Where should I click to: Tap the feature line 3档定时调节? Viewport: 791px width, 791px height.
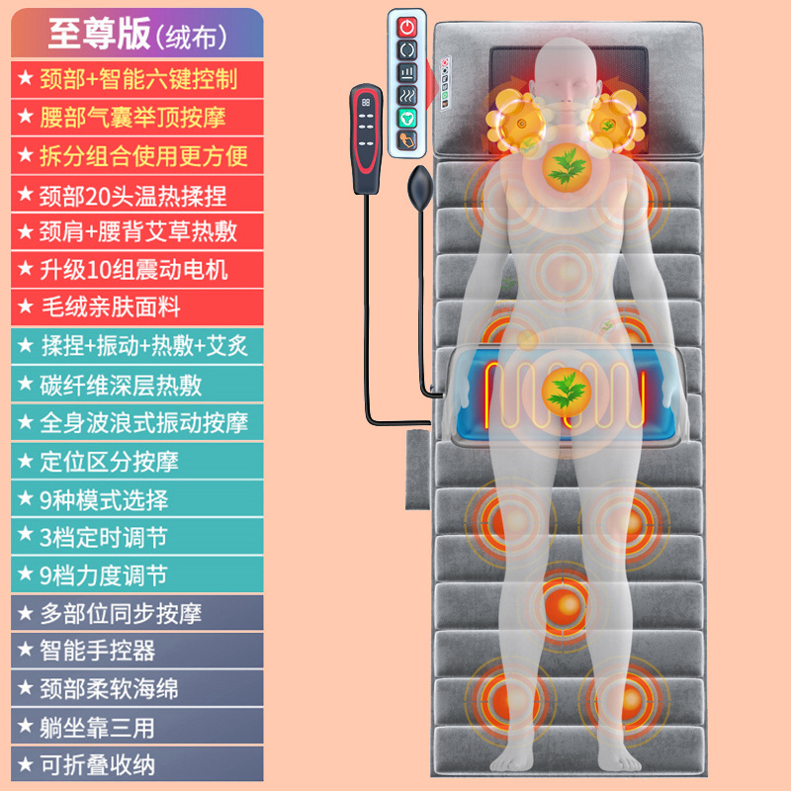coord(104,537)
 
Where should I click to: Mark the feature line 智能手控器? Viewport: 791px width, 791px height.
coord(98,651)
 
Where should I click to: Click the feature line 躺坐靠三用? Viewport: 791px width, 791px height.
coord(98,727)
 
